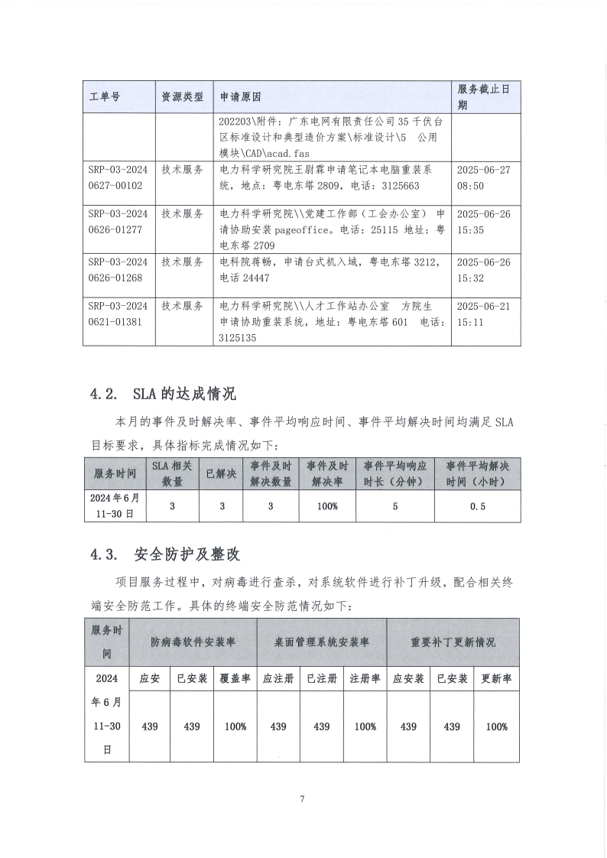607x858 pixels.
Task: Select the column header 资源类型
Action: (182, 97)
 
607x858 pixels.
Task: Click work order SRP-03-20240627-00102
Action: (117, 177)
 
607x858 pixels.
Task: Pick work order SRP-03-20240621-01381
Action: (117, 313)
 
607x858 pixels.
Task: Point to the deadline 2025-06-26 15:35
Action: (482, 222)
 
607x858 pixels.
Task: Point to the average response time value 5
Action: (394, 505)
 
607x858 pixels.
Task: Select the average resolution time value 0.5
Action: (478, 505)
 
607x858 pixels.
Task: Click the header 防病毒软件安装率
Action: (193, 642)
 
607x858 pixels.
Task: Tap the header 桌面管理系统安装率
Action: (322, 642)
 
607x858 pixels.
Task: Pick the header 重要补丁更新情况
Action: (453, 642)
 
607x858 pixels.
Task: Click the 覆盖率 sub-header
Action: (235, 678)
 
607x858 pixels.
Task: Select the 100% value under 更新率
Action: (496, 726)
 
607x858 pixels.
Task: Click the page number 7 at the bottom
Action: (303, 799)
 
